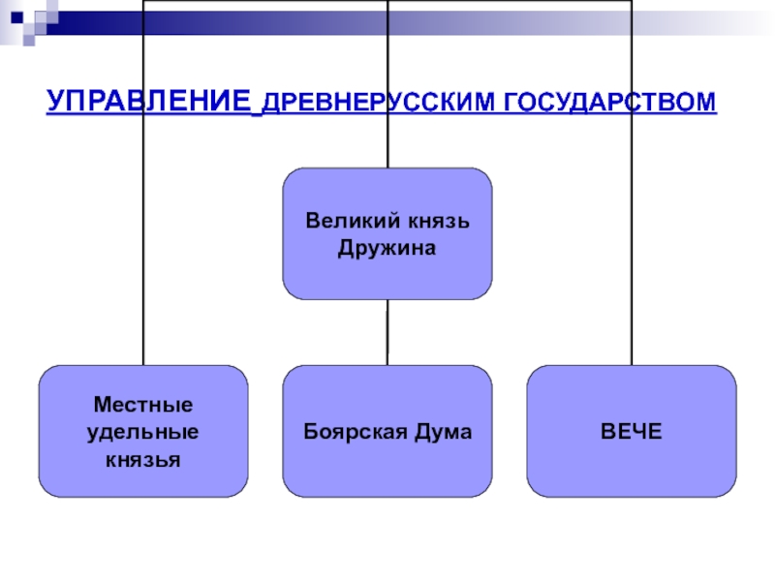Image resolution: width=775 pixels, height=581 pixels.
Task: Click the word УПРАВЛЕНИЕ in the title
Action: coord(148,101)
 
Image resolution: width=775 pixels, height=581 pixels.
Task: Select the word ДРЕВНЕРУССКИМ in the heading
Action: coord(378,103)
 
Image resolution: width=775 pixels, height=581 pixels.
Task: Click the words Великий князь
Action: coord(387,221)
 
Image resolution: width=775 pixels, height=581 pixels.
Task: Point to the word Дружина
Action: coord(387,248)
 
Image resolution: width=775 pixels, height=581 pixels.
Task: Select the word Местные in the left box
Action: coord(143,405)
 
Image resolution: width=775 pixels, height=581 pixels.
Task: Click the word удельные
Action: coord(142,432)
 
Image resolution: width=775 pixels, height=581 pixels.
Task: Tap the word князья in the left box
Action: coord(142,460)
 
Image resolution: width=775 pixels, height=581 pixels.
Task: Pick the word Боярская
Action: coord(356,432)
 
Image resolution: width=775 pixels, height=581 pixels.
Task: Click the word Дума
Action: coord(444,431)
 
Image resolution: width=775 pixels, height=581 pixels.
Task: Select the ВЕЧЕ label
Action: coord(632,431)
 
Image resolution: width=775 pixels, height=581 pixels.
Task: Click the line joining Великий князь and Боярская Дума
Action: coord(387,332)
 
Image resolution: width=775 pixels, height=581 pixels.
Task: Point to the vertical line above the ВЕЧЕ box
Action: coord(632,183)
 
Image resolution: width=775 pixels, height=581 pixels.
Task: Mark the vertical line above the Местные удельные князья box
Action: coord(143,183)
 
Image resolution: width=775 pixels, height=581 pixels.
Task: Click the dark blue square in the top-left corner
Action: coord(16,17)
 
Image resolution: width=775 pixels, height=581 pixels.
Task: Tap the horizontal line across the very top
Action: coord(387,1)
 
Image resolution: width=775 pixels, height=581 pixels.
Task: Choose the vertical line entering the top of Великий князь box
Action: coord(388,84)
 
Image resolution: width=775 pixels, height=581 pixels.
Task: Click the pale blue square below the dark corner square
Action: coord(29,40)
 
